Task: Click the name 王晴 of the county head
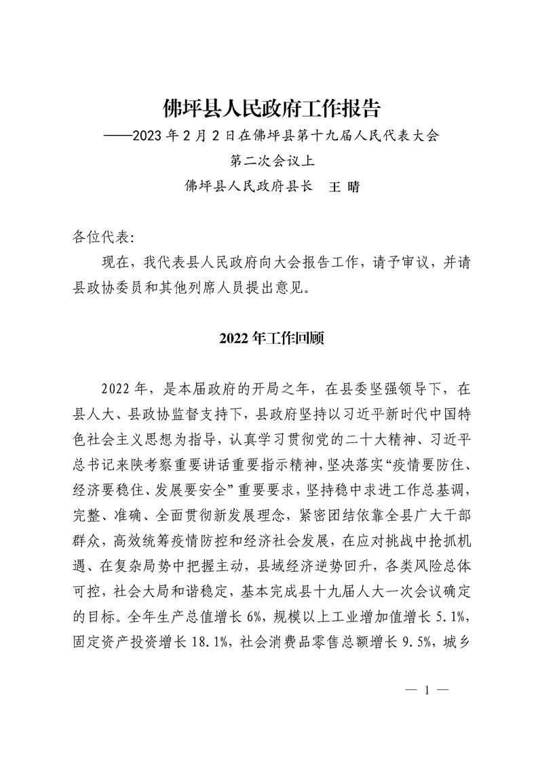[x=343, y=187]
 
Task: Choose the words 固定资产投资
[x=111, y=642]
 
